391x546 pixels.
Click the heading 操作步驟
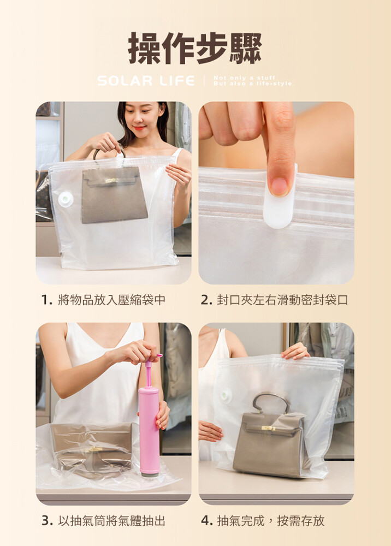[x=195, y=48]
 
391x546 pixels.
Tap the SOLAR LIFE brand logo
[x=146, y=81]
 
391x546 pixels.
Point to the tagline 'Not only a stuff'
[x=245, y=78]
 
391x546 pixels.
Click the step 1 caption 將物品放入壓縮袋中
[x=103, y=299]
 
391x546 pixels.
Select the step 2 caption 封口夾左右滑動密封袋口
[x=274, y=299]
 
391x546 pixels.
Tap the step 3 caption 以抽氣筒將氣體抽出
[x=103, y=520]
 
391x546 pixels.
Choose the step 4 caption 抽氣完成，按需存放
[x=263, y=520]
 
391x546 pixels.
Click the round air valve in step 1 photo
[x=66, y=199]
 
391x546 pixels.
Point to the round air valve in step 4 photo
[x=226, y=395]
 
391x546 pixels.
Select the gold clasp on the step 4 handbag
[x=269, y=428]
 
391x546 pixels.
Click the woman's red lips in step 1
[x=139, y=128]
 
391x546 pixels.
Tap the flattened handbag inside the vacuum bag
[x=91, y=449]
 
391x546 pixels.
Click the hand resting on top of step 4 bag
[x=295, y=351]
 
